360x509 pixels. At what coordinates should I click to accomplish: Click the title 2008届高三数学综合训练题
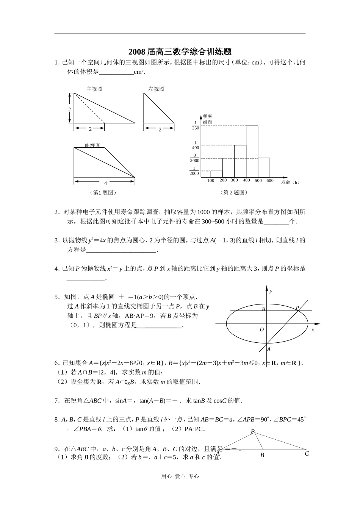click(180, 52)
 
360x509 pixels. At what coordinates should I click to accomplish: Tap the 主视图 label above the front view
click(94, 89)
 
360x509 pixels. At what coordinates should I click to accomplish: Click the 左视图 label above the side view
click(156, 89)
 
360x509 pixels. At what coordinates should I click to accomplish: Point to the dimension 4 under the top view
click(106, 183)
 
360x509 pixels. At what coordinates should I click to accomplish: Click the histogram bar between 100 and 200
click(216, 174)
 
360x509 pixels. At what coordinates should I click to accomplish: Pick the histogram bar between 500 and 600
click(264, 167)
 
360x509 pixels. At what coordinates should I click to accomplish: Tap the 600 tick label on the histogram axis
click(270, 181)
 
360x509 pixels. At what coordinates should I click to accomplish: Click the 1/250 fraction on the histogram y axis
click(196, 125)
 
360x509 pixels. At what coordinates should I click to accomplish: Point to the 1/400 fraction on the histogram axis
click(196, 145)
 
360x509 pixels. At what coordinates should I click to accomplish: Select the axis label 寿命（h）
click(291, 182)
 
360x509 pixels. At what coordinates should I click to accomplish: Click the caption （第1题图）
click(103, 192)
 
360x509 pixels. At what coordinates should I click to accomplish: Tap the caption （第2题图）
click(233, 192)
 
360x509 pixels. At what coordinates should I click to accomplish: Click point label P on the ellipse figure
click(297, 308)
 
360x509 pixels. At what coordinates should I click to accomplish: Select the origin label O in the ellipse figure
click(261, 330)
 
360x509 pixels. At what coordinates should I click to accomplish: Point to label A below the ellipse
click(269, 349)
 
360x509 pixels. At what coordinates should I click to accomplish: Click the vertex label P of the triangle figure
click(253, 431)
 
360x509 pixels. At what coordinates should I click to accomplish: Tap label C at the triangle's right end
click(307, 453)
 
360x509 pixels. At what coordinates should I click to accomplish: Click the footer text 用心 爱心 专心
click(180, 476)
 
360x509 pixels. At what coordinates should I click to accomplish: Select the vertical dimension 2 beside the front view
click(70, 109)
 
